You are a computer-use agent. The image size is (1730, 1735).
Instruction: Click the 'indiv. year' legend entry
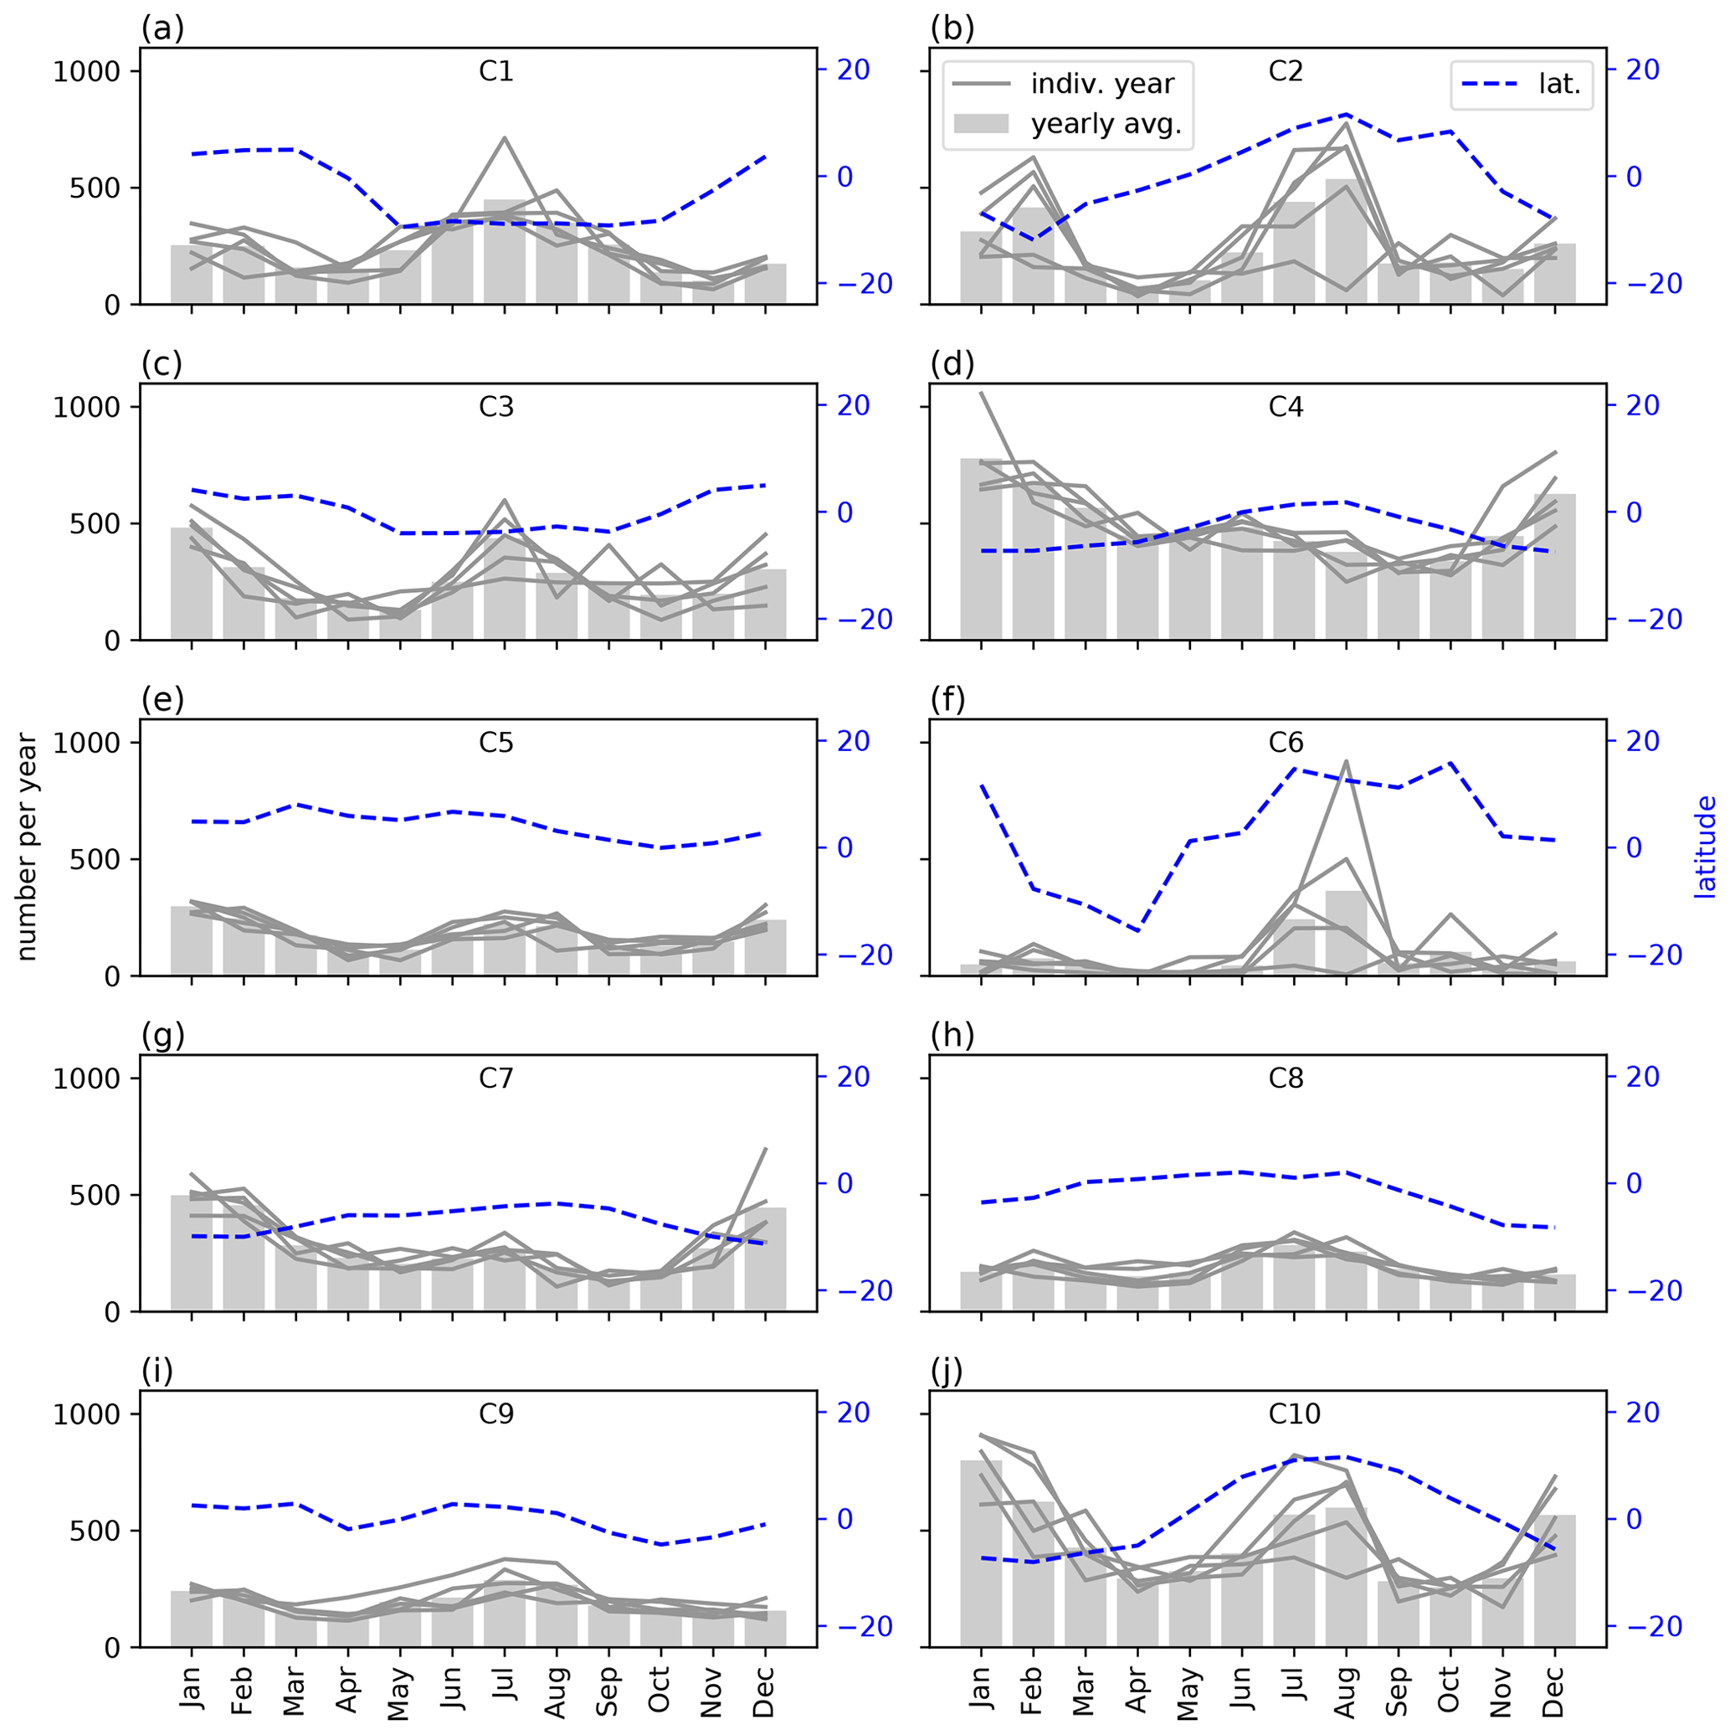pos(1101,85)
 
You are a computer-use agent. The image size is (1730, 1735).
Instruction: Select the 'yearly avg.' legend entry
pos(1105,124)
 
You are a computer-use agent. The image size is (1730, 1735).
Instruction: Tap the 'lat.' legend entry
pos(1558,85)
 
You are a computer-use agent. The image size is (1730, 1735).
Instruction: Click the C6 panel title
pos(1286,743)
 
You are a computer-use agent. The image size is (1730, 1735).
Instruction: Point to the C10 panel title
pos(1294,1414)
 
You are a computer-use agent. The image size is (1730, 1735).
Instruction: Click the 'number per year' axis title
pos(27,847)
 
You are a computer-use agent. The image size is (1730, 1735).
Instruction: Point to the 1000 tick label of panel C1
pos(86,72)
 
